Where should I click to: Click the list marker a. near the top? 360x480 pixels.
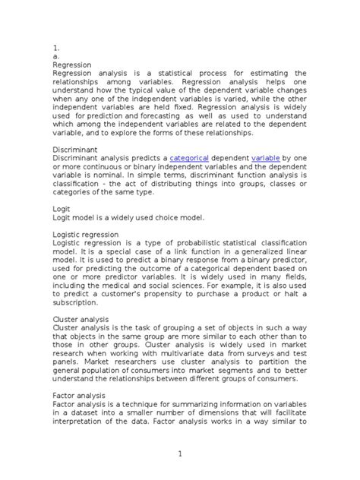coord(55,56)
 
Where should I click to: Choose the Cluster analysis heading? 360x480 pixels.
coord(81,319)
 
